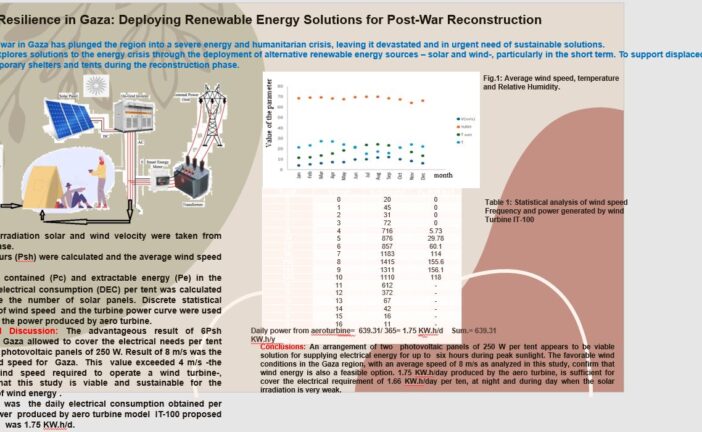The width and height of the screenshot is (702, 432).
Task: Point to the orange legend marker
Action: point(459,126)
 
